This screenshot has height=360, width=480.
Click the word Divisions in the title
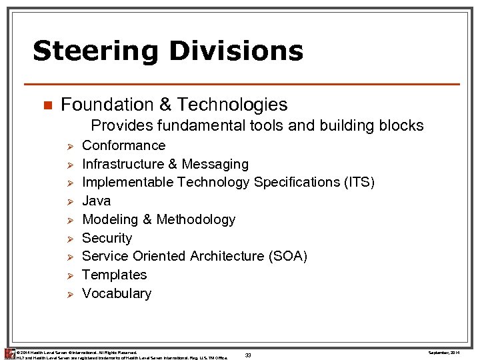tap(240, 51)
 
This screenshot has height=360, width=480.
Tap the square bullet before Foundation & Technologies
tap(47, 105)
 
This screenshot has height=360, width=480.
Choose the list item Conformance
tap(123, 145)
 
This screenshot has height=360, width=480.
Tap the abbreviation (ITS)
tap(357, 182)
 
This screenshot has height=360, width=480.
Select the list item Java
tap(96, 201)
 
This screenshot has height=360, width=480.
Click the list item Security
tap(107, 238)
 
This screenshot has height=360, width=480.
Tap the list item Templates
tap(114, 275)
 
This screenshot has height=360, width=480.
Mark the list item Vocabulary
tap(116, 293)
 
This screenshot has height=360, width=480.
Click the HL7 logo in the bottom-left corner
tap(9, 353)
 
